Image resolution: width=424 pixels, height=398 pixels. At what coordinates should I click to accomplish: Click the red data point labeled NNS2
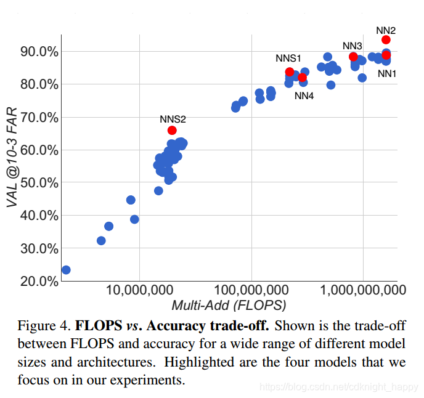pos(172,130)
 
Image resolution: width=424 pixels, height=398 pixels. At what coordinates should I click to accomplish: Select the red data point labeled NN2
pos(386,39)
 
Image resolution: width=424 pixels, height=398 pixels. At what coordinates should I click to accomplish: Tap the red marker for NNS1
pos(290,71)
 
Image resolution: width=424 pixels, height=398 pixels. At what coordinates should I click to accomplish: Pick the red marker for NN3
pos(353,57)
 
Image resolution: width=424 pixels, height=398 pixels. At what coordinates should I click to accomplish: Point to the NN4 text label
pos(304,95)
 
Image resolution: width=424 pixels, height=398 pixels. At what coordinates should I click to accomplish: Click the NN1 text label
pos(387,73)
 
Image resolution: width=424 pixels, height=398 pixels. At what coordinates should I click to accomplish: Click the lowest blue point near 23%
pos(66,270)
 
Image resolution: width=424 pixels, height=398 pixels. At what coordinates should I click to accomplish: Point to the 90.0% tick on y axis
pos(39,51)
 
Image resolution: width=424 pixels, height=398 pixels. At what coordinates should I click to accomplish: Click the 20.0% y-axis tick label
pos(39,281)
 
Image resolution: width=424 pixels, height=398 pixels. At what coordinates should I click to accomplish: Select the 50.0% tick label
pos(39,183)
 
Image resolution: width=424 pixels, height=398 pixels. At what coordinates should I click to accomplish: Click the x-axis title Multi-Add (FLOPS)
pos(229,305)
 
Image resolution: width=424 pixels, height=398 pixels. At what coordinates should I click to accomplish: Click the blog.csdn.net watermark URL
pos(338,387)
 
